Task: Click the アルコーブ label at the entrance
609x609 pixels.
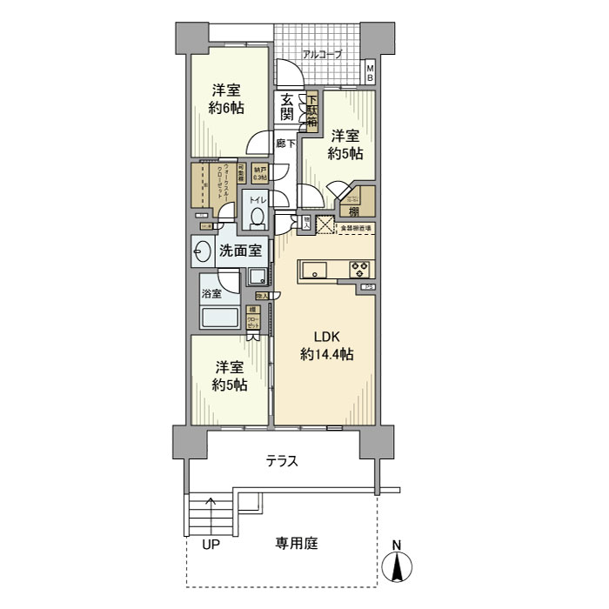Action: tap(322, 55)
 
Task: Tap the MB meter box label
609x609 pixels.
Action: tap(369, 73)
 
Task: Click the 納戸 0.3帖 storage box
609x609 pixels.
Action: tap(259, 173)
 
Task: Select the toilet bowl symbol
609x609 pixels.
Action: tap(256, 218)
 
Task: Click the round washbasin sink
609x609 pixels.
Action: tap(202, 252)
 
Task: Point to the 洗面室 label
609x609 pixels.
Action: tap(241, 251)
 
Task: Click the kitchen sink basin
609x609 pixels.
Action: tap(313, 270)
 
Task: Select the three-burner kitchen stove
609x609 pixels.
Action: tap(359, 270)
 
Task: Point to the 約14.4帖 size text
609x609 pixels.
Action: tap(325, 355)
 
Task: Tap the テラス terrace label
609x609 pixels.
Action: tap(282, 462)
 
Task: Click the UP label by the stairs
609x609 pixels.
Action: tap(211, 545)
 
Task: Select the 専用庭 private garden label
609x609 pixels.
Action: tap(297, 545)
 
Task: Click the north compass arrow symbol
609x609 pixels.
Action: tap(398, 569)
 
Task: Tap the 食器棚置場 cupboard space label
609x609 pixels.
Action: tap(355, 228)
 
